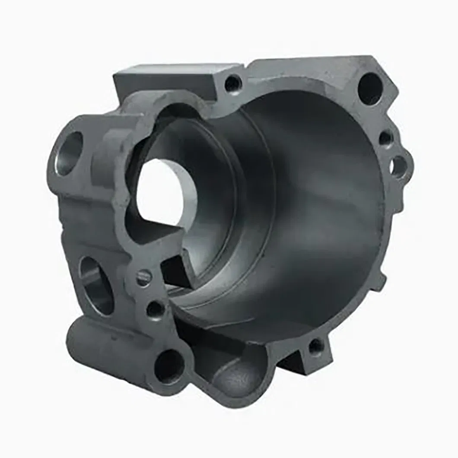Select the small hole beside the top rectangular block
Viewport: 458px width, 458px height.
click(x=233, y=83)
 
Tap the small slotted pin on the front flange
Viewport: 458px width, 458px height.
click(x=143, y=277)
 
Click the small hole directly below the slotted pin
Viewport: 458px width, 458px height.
click(x=155, y=309)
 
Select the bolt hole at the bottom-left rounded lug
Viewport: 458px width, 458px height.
click(x=169, y=366)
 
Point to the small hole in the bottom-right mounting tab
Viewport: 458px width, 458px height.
click(x=316, y=346)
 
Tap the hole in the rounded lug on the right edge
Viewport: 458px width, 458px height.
click(x=398, y=166)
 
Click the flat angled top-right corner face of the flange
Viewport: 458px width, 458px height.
click(x=380, y=69)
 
